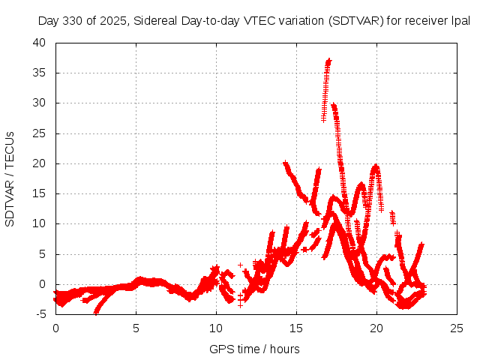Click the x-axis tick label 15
[x=296, y=328]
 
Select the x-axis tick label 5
[x=136, y=328]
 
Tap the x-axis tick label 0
[x=55, y=328]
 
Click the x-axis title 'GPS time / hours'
[x=254, y=349]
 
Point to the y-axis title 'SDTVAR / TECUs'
[x=10, y=178]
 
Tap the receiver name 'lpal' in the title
[x=460, y=22]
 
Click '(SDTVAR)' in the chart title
[x=355, y=22]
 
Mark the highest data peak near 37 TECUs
[x=328, y=61]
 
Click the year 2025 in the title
[x=112, y=22]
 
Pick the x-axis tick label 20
[x=376, y=328]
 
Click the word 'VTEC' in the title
[x=259, y=22]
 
